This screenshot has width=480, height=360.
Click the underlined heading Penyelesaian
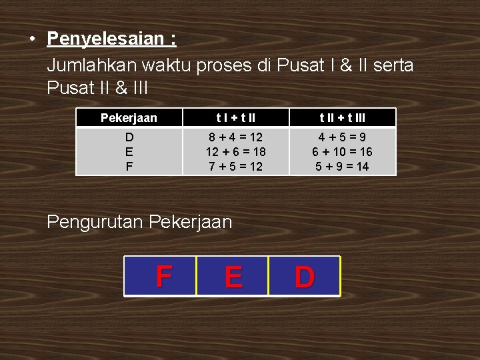click(x=111, y=39)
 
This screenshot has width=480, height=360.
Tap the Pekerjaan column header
click(x=129, y=118)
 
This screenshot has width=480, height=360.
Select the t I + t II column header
click(x=235, y=118)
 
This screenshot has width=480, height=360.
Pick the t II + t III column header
click(x=342, y=118)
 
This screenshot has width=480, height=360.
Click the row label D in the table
click(x=129, y=137)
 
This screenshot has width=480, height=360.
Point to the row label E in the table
click(x=129, y=152)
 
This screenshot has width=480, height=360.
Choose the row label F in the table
click(x=129, y=167)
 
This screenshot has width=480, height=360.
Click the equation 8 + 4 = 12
click(x=235, y=137)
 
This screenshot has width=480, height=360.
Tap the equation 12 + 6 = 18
click(x=235, y=152)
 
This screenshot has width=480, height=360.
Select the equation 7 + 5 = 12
click(x=235, y=167)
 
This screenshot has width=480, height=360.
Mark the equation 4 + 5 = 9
click(x=342, y=137)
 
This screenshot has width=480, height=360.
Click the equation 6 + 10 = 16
click(x=342, y=152)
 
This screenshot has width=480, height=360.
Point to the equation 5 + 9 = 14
click(x=342, y=167)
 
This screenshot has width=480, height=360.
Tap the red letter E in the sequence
click(x=233, y=277)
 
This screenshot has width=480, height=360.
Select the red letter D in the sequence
click(x=304, y=277)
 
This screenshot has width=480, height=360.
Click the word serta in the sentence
click(x=393, y=65)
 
